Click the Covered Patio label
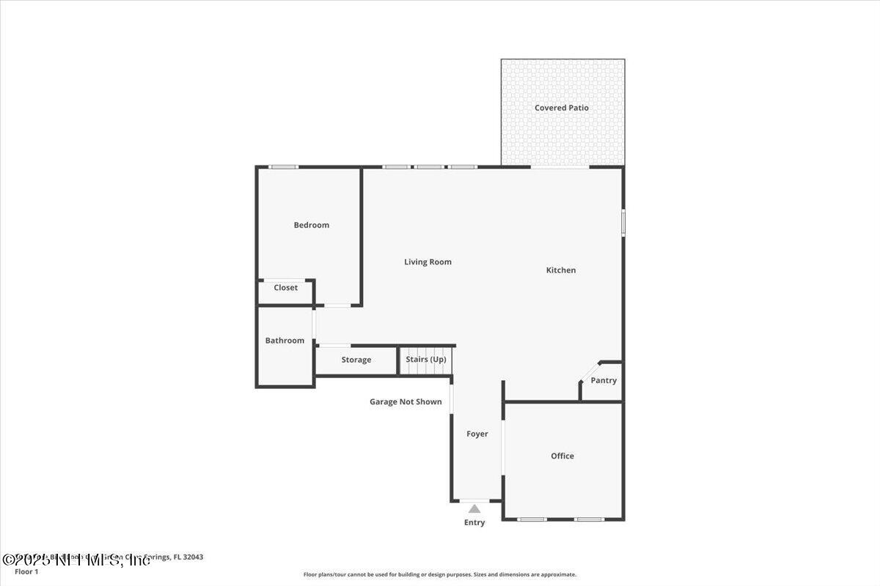tap(561, 108)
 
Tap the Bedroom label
tap(311, 225)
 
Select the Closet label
tap(285, 288)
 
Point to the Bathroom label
tap(285, 341)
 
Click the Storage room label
tap(356, 360)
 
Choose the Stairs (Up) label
tap(426, 359)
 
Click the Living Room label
tap(428, 262)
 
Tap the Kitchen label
tap(561, 270)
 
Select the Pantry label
tap(604, 380)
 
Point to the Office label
tap(562, 456)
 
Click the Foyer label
tap(477, 434)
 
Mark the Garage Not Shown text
tap(406, 401)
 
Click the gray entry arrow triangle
tap(474, 508)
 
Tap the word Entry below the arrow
tap(474, 522)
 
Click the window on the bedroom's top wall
tap(283, 167)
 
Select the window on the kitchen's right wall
tap(623, 223)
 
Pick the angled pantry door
tap(590, 371)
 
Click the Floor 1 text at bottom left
tap(26, 571)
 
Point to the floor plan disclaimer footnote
tap(440, 574)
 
